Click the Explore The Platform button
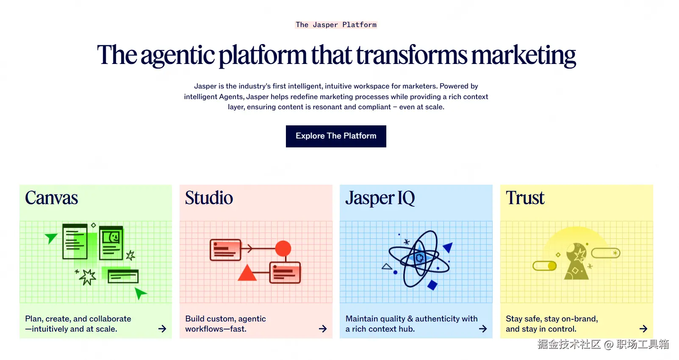[x=336, y=136]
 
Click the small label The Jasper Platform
[x=336, y=25]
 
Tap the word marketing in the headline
[x=524, y=55]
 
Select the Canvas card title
[x=51, y=198]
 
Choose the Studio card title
[x=209, y=198]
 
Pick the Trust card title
[x=525, y=198]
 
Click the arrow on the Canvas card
[x=162, y=329]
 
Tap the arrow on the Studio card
[x=323, y=329]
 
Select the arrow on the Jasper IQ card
[x=483, y=329]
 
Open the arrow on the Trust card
[x=643, y=329]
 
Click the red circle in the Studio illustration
[x=283, y=249]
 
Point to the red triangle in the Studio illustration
[x=247, y=273]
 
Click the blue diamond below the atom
[x=432, y=285]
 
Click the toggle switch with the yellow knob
[x=545, y=266]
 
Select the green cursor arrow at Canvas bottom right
[x=140, y=293]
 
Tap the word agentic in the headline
[x=177, y=56]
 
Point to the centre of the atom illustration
[x=420, y=258]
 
